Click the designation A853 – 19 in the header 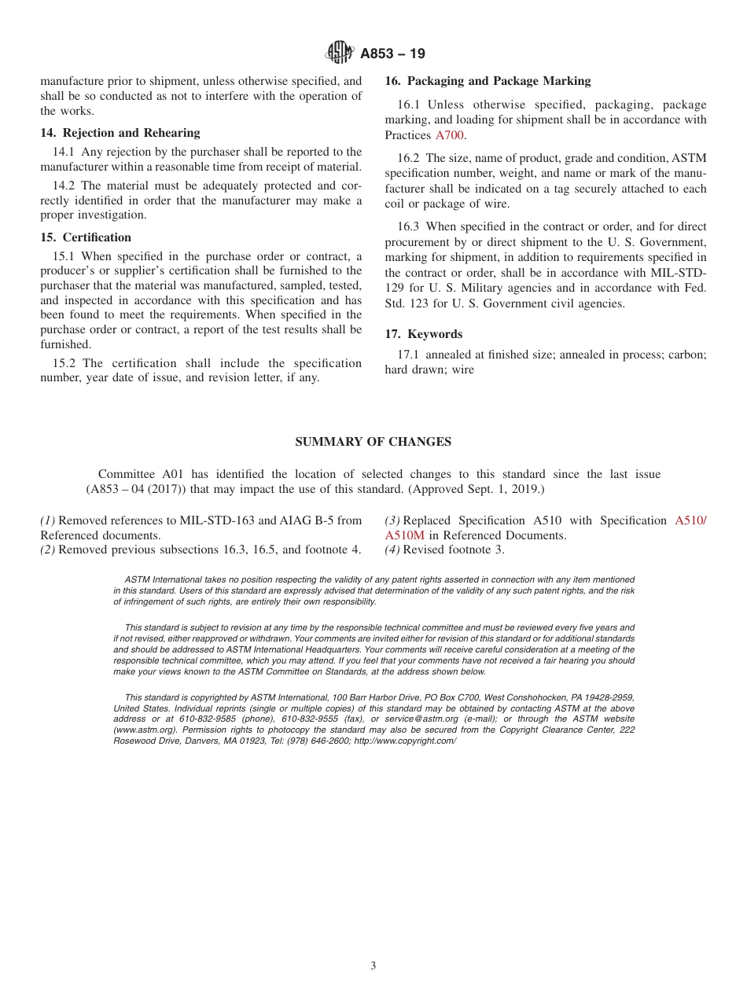click(x=392, y=53)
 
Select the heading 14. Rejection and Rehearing click(x=120, y=133)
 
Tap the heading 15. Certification click(x=86, y=237)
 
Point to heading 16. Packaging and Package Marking click(x=488, y=81)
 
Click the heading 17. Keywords click(x=423, y=334)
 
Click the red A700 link click(x=451, y=135)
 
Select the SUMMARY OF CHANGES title click(x=373, y=442)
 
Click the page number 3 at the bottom click(x=373, y=965)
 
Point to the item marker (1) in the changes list click(x=48, y=520)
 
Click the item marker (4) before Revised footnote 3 click(x=392, y=550)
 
